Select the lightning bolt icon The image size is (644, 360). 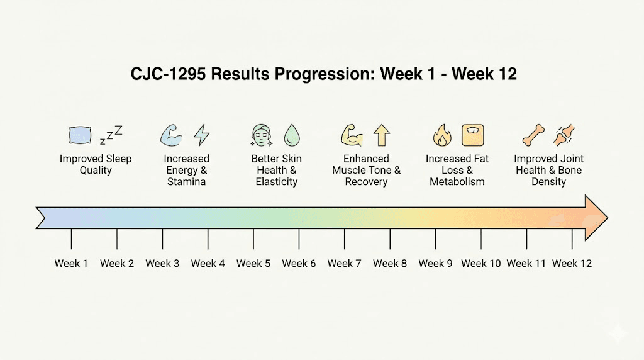[x=202, y=135]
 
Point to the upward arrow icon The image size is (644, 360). [x=382, y=135]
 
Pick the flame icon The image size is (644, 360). [x=442, y=135]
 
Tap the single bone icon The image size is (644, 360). [x=533, y=135]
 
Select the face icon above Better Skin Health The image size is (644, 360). [x=262, y=135]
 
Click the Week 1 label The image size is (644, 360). [x=71, y=263]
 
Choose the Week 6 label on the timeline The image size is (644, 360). [x=299, y=263]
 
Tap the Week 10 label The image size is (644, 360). [x=481, y=263]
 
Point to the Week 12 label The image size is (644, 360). [x=572, y=263]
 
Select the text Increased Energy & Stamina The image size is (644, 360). [x=186, y=170]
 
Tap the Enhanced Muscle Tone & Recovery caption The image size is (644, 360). [x=367, y=170]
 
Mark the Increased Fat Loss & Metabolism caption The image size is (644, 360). [x=457, y=170]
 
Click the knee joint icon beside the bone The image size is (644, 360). [x=563, y=135]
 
